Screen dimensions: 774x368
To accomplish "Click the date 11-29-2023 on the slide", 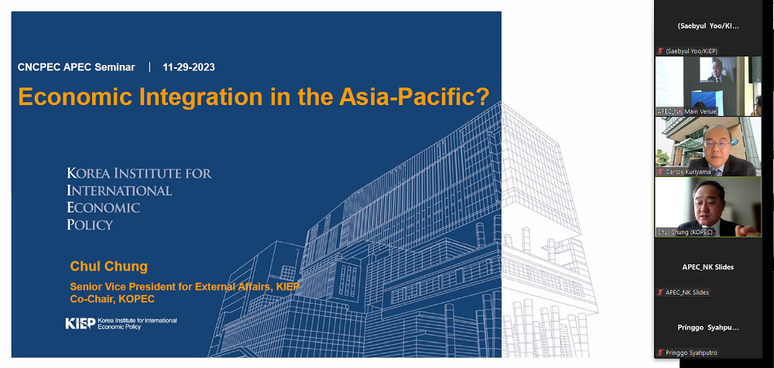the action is tap(189, 67).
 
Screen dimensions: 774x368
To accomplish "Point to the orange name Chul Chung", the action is tap(108, 267).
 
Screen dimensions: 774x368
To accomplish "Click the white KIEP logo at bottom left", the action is tap(80, 323).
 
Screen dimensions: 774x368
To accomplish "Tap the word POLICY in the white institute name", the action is tap(90, 225).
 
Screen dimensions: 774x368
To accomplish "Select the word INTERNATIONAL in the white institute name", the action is tap(119, 190).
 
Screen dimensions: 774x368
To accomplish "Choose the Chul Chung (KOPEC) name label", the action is tap(685, 232).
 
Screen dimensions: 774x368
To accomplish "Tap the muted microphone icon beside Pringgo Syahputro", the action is tap(660, 353).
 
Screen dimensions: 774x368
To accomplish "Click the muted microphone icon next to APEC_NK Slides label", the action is tap(660, 292).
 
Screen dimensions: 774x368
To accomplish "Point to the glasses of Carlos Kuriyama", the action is tap(717, 144).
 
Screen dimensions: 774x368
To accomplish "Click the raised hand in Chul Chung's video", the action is tap(746, 230).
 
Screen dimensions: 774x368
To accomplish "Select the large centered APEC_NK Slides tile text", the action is tap(708, 267).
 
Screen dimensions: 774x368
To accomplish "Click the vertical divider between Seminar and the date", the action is tap(149, 67).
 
